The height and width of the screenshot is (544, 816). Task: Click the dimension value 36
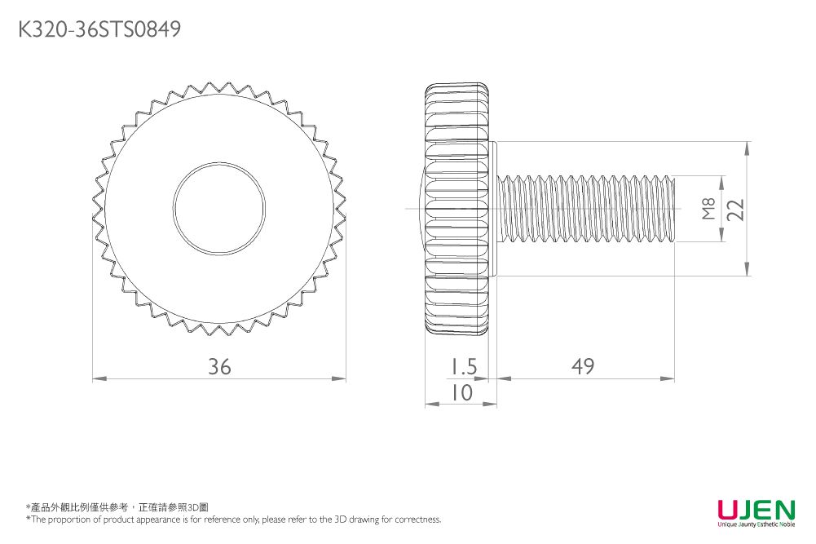tap(218, 367)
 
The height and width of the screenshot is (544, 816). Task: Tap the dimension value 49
tap(583, 367)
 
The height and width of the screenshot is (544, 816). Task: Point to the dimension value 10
tap(462, 393)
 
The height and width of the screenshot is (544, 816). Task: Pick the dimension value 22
tap(736, 209)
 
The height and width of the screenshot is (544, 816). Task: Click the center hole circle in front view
tap(218, 209)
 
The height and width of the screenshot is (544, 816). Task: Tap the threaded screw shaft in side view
tap(587, 209)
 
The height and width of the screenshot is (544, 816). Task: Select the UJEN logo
tap(756, 511)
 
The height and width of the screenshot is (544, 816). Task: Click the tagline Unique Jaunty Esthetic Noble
tap(756, 524)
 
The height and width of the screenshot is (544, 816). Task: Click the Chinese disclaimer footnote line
tap(117, 507)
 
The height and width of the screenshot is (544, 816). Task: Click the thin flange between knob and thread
tap(493, 209)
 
